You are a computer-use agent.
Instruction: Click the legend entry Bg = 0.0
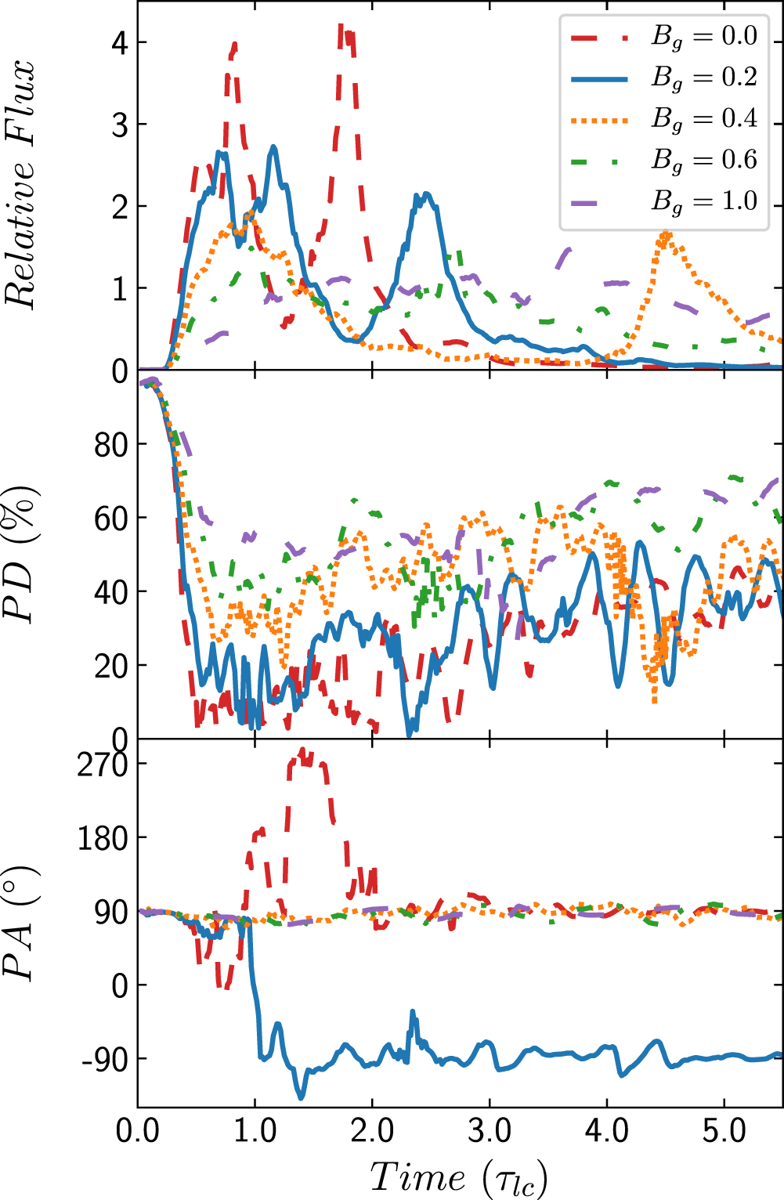[x=664, y=38]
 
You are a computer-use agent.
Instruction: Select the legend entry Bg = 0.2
[x=664, y=79]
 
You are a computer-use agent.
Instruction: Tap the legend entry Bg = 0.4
[x=664, y=120]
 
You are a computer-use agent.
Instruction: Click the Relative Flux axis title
[x=20, y=185]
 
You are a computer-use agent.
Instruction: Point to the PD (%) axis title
[x=20, y=555]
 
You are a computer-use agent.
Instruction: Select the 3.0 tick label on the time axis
[x=490, y=1131]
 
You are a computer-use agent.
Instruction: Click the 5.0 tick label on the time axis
[x=724, y=1131]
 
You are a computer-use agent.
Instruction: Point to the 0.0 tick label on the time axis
[x=138, y=1131]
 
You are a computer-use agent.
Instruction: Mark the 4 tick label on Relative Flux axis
[x=120, y=42]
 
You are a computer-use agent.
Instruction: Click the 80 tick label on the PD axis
[x=111, y=444]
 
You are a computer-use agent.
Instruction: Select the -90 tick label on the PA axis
[x=105, y=1059]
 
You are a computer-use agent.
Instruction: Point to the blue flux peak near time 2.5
[x=426, y=194]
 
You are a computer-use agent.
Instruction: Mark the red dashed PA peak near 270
[x=303, y=750]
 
